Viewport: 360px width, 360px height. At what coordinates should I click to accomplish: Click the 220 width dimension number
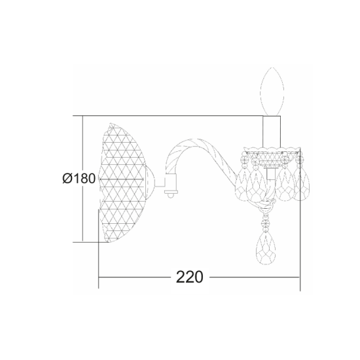point(189,276)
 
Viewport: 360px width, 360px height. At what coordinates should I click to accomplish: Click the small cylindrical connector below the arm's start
point(171,184)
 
